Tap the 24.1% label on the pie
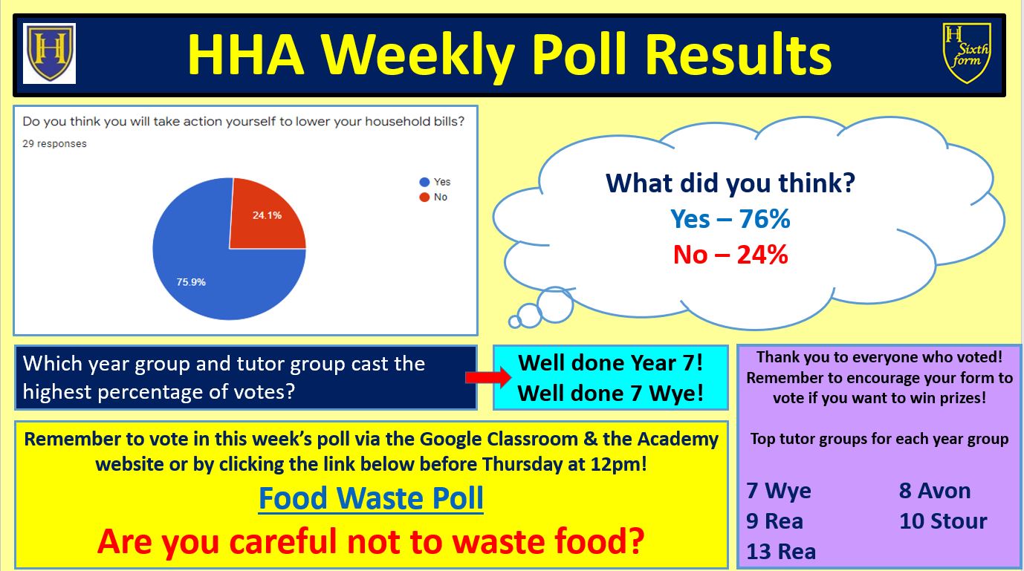[x=267, y=215]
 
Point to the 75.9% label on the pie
[x=191, y=282]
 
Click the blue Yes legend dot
[x=424, y=182]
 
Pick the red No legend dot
[x=424, y=197]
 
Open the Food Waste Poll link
[x=371, y=498]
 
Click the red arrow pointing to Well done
[x=488, y=377]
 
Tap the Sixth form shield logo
[x=967, y=53]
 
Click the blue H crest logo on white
[x=49, y=53]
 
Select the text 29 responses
[x=54, y=144]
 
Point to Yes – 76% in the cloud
[x=730, y=219]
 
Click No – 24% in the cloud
[x=730, y=255]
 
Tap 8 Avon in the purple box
[x=935, y=491]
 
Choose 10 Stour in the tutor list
[x=943, y=521]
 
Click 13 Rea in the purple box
[x=781, y=552]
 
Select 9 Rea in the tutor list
[x=774, y=521]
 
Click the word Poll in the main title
[x=578, y=55]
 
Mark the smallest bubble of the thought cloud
[x=515, y=322]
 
